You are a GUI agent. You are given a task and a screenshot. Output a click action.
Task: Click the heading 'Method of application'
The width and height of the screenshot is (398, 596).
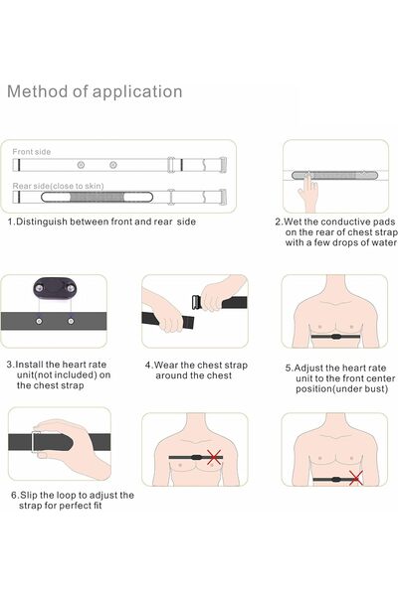pyautogui.click(x=95, y=92)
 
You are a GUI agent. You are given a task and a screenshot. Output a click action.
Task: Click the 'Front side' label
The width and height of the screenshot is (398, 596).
pyautogui.click(x=31, y=152)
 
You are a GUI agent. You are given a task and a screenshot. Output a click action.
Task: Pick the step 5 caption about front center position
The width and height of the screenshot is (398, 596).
pyautogui.click(x=338, y=377)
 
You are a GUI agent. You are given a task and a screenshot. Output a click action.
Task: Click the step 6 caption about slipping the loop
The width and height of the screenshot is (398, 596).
pyautogui.click(x=72, y=500)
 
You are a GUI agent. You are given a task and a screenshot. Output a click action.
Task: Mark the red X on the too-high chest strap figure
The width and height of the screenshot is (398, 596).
pyautogui.click(x=212, y=458)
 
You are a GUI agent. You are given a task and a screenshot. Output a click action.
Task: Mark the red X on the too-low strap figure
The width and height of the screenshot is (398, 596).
pyautogui.click(x=355, y=478)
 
